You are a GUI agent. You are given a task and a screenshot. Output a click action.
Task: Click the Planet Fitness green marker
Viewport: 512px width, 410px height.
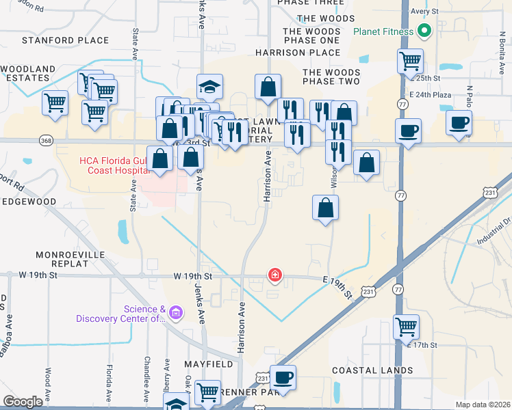click(x=424, y=31)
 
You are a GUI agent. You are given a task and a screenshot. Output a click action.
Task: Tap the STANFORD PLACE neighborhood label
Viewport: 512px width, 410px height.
click(x=66, y=40)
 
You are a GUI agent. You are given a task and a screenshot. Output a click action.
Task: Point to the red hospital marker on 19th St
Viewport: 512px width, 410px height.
click(x=274, y=275)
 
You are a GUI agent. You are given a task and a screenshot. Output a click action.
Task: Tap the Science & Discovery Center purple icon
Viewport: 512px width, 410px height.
click(x=175, y=313)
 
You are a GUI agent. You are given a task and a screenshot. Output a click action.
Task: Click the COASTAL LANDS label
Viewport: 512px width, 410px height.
click(x=372, y=370)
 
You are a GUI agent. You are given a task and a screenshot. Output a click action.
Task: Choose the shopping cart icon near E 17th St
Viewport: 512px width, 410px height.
click(x=406, y=327)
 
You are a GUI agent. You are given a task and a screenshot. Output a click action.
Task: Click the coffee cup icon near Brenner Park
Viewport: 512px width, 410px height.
click(x=283, y=377)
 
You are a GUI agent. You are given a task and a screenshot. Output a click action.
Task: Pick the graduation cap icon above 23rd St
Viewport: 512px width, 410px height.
click(x=210, y=87)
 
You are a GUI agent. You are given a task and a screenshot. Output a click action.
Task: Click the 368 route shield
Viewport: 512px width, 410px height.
click(x=46, y=141)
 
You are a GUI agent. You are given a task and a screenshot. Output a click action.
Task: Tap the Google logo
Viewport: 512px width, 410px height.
click(x=23, y=402)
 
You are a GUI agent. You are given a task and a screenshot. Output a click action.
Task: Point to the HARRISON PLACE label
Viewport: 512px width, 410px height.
click(x=298, y=52)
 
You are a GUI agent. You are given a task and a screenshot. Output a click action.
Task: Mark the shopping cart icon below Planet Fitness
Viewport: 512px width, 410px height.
click(x=410, y=61)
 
